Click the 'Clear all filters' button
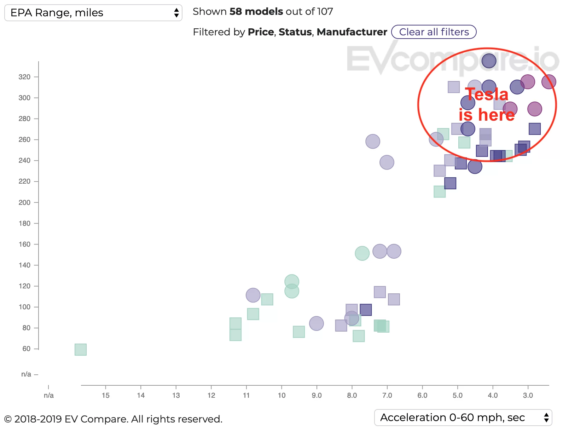(x=434, y=32)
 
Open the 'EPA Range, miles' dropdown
(x=93, y=13)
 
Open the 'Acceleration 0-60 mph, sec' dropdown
(x=463, y=418)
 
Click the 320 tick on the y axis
(x=24, y=77)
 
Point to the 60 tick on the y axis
(x=26, y=349)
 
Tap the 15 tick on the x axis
(x=105, y=395)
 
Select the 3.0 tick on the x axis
(x=528, y=395)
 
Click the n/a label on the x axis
(x=49, y=395)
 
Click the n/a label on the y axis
(x=26, y=374)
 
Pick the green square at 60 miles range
(x=81, y=350)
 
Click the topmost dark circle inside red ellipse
(x=489, y=61)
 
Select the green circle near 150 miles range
(x=362, y=253)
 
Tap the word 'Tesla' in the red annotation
(x=487, y=94)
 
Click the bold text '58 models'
(x=256, y=12)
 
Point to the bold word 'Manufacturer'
(x=352, y=32)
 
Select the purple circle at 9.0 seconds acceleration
(x=316, y=323)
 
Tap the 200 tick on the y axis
(x=24, y=202)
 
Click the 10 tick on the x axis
(x=281, y=395)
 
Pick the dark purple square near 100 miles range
(x=366, y=310)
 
